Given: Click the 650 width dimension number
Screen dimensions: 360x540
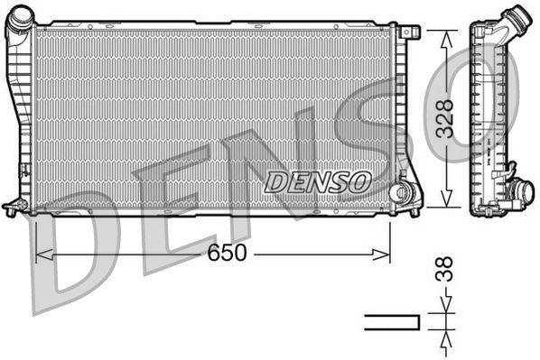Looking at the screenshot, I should (227, 254).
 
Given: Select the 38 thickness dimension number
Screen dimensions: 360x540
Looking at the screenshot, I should (443, 271).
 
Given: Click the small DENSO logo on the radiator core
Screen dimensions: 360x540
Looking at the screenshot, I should (319, 181).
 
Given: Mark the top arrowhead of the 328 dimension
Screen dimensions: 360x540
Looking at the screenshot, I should (444, 35).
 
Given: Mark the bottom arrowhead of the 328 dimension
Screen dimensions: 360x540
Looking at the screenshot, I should (444, 200).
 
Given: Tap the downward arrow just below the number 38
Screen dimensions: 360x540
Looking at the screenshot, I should (444, 307).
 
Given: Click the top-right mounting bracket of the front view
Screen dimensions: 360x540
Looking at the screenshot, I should (411, 32).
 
